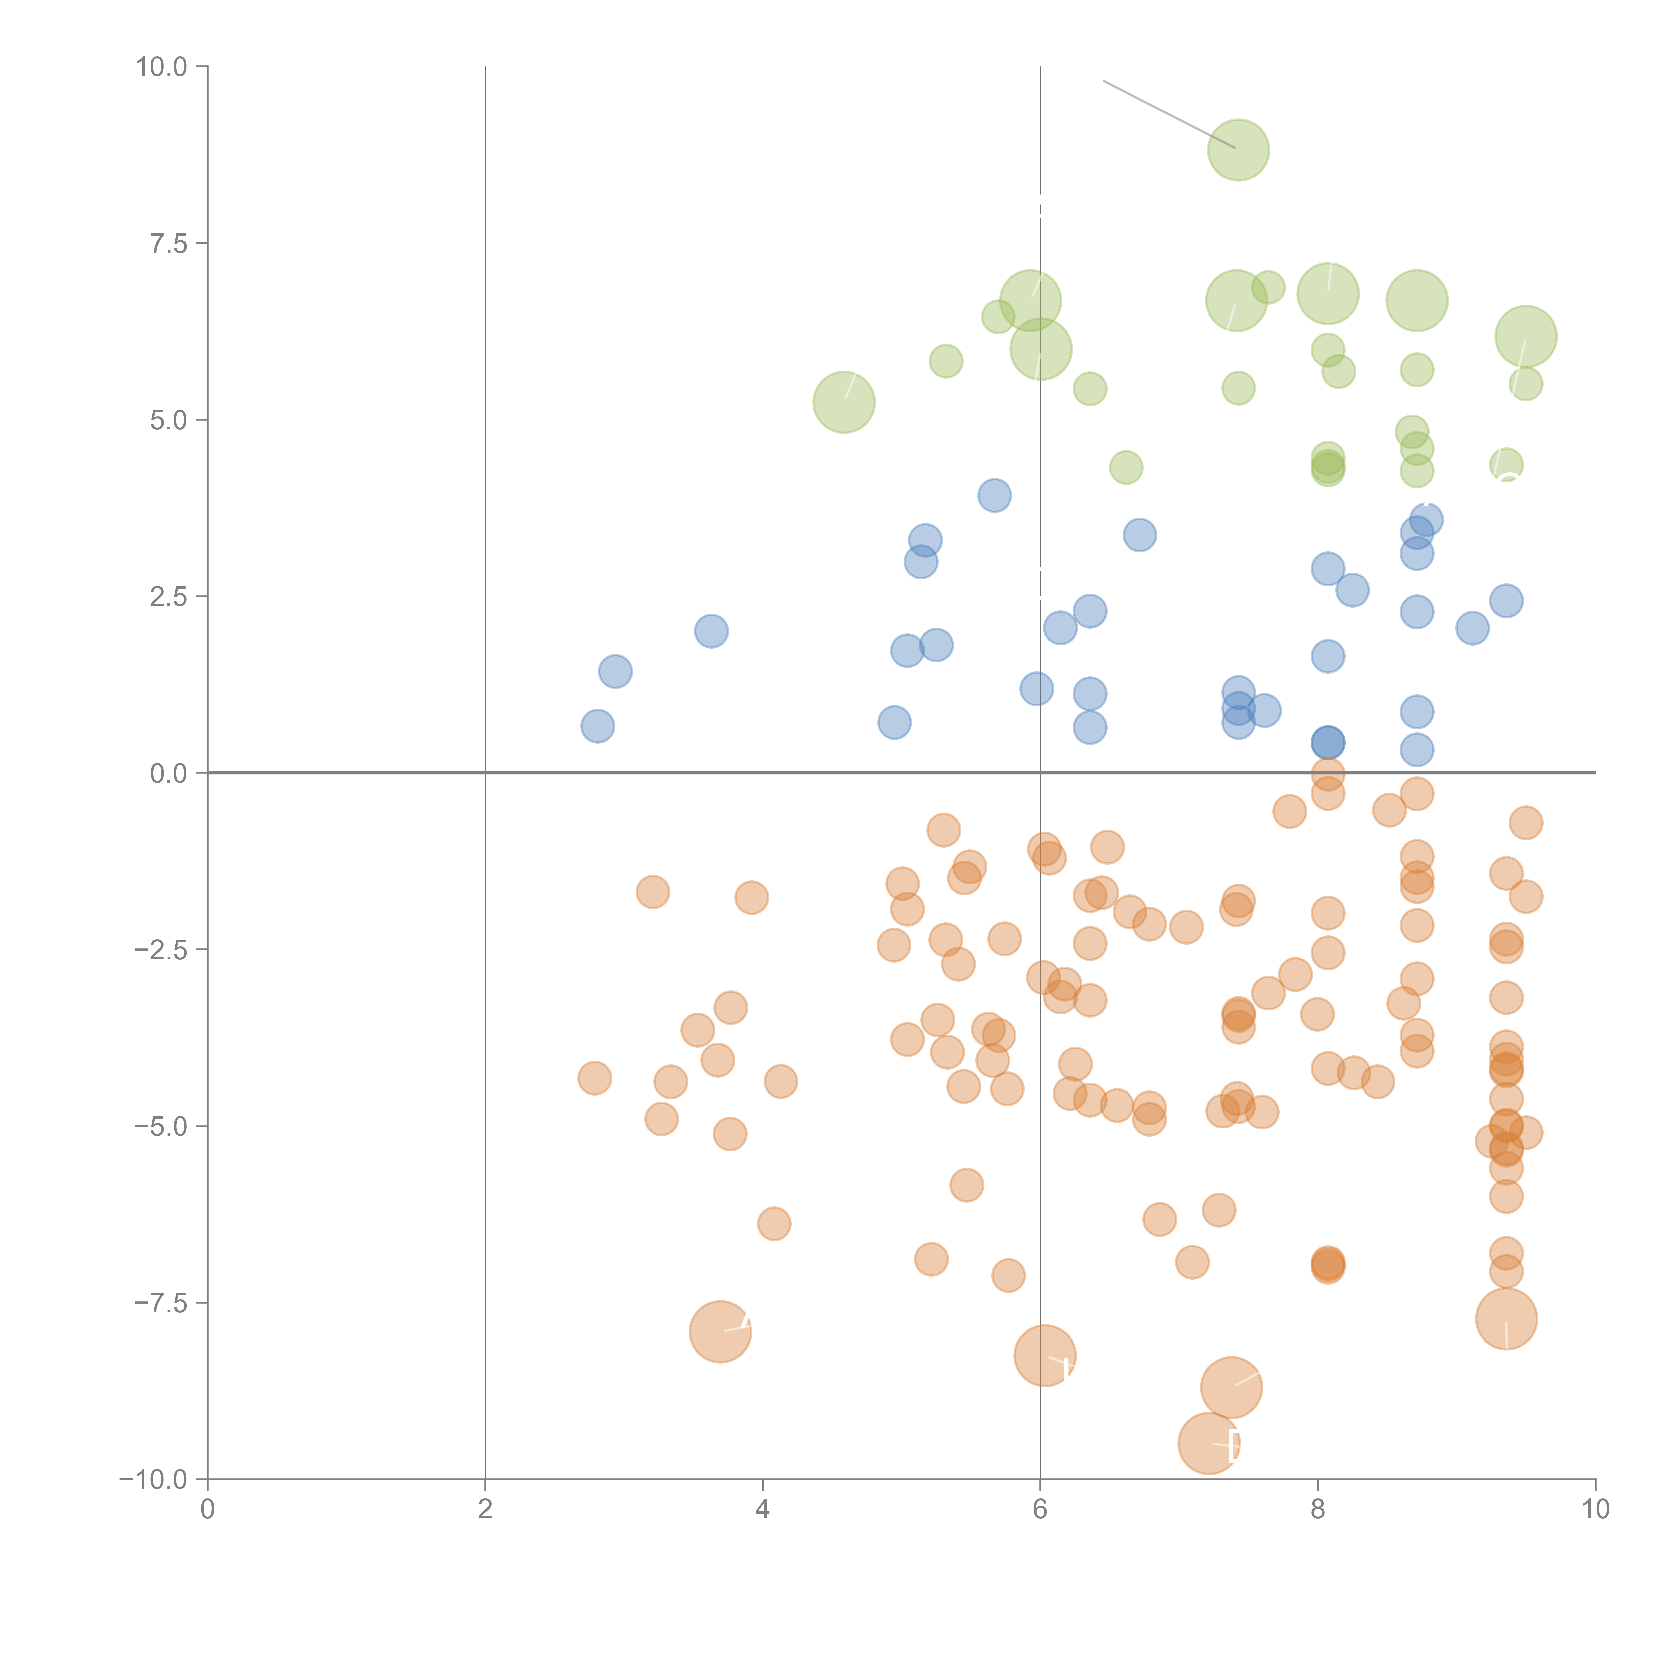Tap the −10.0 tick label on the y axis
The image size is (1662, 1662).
pos(153,1480)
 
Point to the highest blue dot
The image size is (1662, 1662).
pos(995,496)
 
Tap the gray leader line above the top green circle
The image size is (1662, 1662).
pos(1168,114)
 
